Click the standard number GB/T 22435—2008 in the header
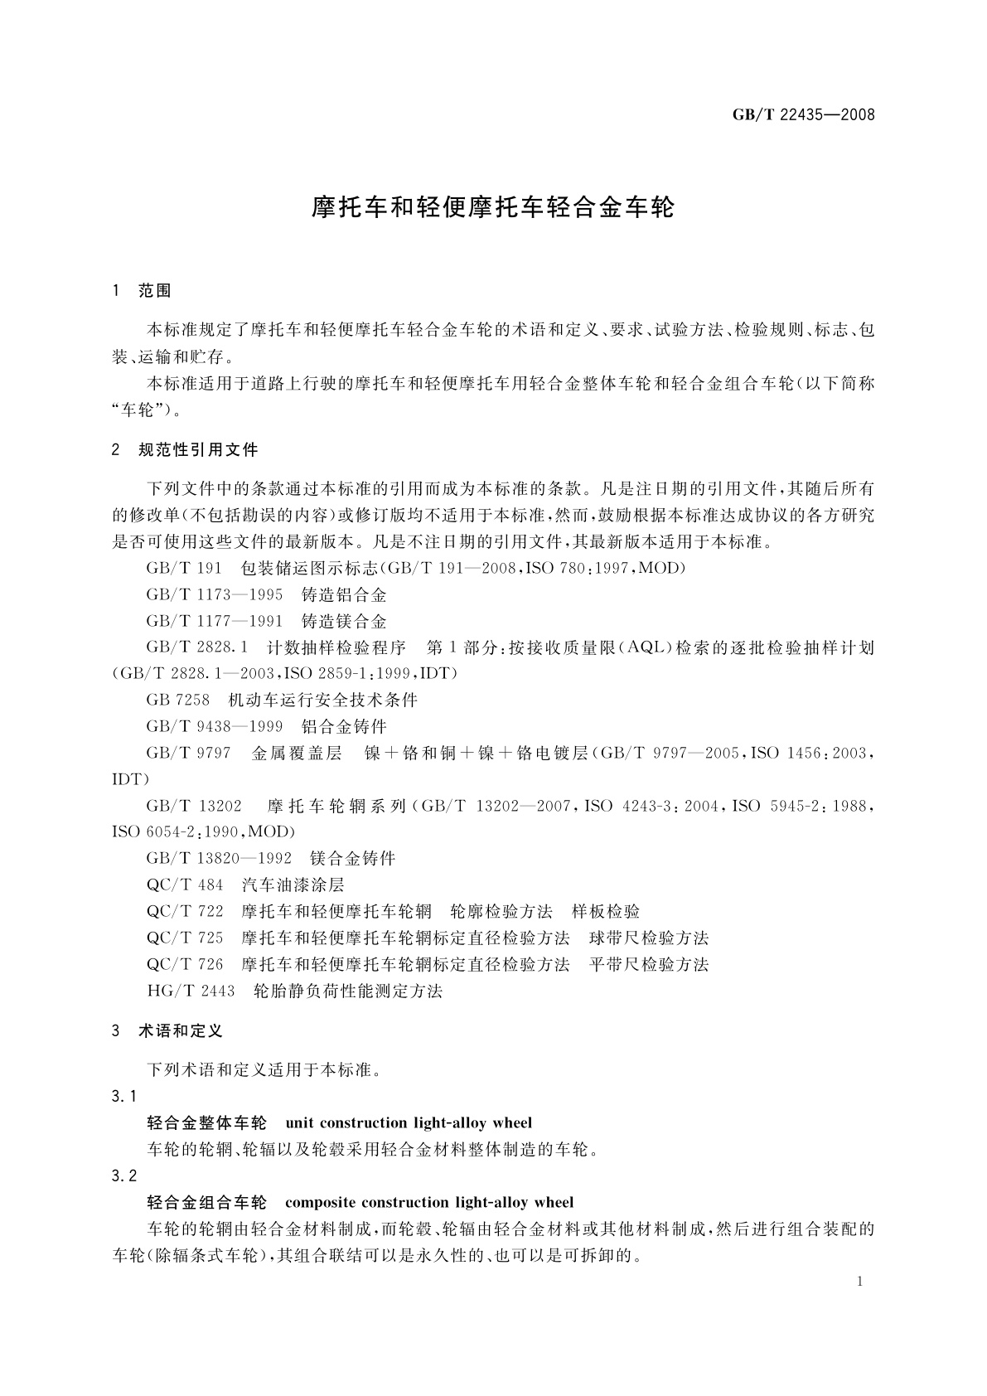[803, 115]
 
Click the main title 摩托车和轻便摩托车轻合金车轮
[493, 207]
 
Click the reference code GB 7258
[178, 700]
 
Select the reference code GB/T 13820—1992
[219, 859]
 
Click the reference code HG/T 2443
[191, 991]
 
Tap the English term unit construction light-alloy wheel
[409, 1123]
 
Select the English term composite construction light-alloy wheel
[429, 1203]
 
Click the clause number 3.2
[124, 1176]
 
